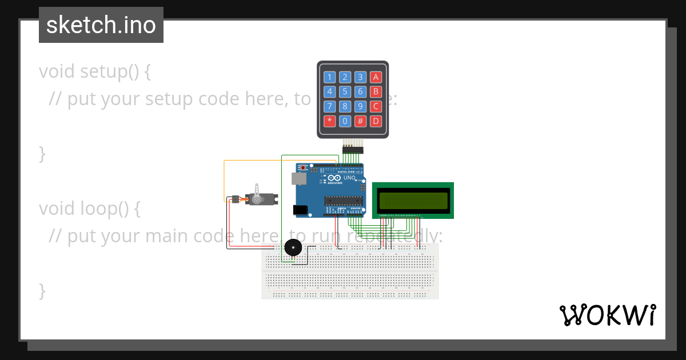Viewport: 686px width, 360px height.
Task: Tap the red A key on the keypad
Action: pos(375,77)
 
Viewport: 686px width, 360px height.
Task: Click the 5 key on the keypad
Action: pos(345,91)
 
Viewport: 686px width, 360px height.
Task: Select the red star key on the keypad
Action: pos(329,121)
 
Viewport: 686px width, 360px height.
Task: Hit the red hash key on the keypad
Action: pos(360,121)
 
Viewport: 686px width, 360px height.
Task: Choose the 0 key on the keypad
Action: pos(345,121)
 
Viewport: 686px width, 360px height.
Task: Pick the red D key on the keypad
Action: pos(375,121)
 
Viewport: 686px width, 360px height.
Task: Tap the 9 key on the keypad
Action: pos(360,106)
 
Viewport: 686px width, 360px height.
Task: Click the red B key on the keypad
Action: pos(375,91)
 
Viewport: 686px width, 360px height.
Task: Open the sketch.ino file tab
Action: pos(101,25)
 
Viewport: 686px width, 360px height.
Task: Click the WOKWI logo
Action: pos(607,315)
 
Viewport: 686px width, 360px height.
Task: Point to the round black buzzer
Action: pos(293,248)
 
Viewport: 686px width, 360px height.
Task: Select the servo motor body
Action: pos(261,199)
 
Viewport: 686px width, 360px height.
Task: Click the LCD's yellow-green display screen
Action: pos(413,201)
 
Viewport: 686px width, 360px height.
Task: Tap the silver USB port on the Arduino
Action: pos(298,178)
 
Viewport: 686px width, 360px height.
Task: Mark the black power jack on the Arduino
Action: pos(300,210)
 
